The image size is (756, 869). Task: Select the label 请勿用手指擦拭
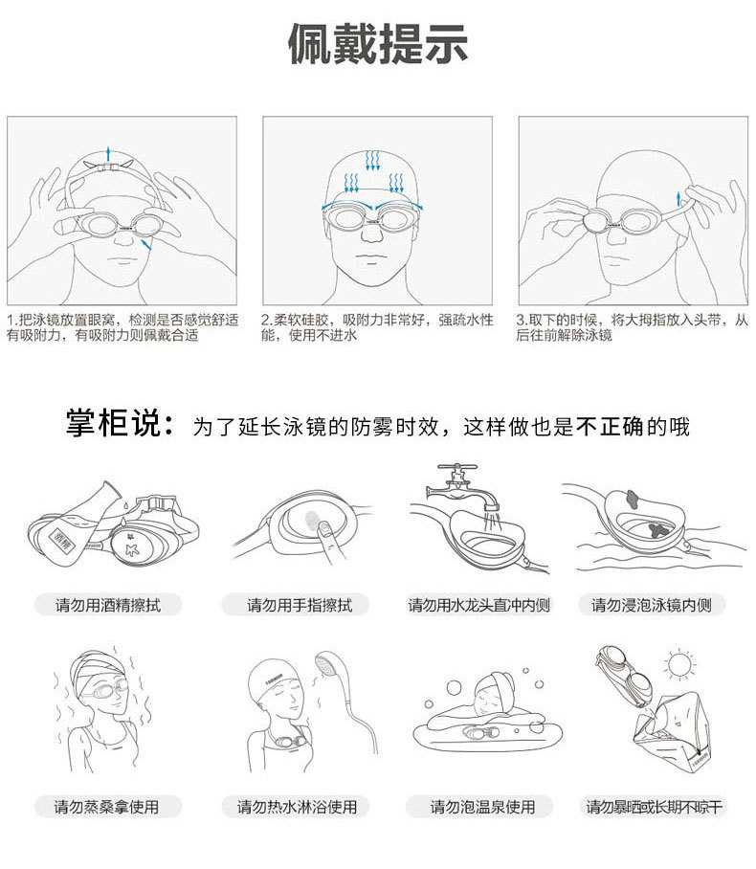[300, 605]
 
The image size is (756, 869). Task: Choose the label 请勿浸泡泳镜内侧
[652, 605]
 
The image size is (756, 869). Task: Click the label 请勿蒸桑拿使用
[106, 807]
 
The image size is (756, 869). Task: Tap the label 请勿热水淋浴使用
[298, 807]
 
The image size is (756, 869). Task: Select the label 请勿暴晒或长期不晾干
[656, 807]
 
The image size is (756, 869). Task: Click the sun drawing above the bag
[680, 663]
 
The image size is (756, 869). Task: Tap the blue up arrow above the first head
[109, 153]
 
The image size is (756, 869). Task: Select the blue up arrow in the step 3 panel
[679, 199]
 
